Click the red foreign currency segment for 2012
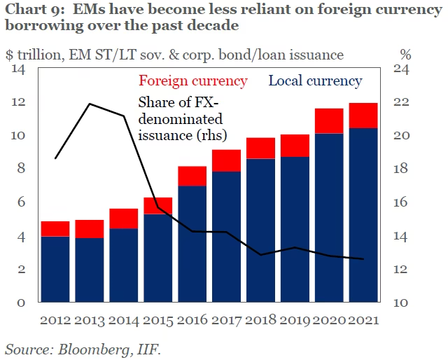[x=55, y=229]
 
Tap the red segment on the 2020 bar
[x=329, y=120]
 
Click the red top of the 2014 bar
[x=123, y=219]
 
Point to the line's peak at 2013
[x=90, y=104]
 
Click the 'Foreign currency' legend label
[x=194, y=81]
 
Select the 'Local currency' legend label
[x=315, y=81]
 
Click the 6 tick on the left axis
[x=22, y=202]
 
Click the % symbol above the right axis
[x=405, y=54]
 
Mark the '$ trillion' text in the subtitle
[x=33, y=54]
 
